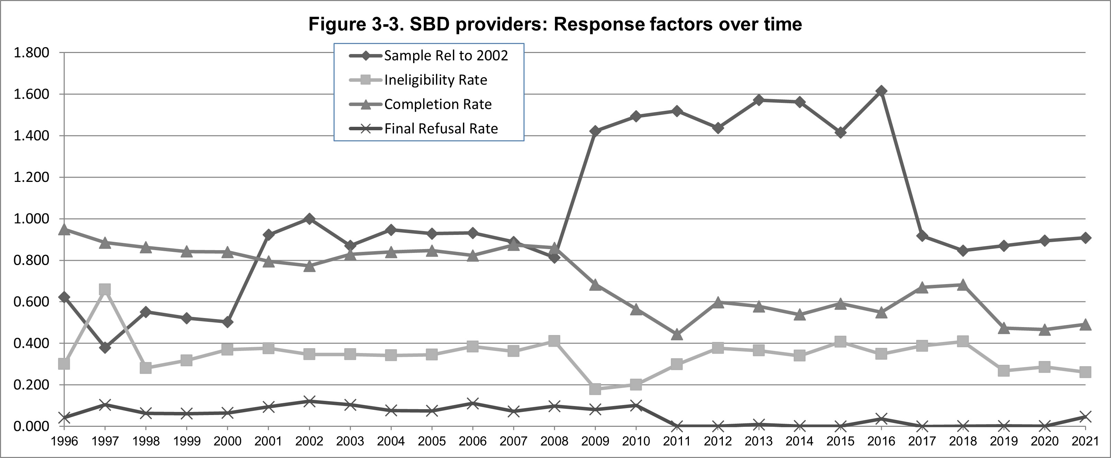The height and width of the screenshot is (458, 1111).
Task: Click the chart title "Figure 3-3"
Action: [x=555, y=24]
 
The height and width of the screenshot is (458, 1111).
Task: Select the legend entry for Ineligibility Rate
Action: [x=435, y=80]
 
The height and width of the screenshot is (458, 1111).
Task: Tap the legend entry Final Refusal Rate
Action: [x=441, y=129]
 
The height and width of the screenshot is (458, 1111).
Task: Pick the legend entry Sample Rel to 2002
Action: [x=446, y=56]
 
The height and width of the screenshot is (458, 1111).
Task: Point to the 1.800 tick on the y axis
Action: [x=31, y=53]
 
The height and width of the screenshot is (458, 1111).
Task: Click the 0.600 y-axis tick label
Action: [x=31, y=302]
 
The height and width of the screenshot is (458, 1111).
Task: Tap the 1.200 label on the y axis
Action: [x=31, y=177]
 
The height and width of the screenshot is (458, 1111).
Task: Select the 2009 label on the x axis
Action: [x=595, y=441]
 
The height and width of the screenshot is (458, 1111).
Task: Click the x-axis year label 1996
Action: [x=64, y=441]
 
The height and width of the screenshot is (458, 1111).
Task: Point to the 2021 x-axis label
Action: [x=1085, y=441]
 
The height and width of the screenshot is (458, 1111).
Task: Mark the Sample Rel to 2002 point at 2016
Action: [x=881, y=91]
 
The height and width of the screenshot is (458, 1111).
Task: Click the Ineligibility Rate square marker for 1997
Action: [x=105, y=289]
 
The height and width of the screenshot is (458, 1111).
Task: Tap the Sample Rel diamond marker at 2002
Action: [x=309, y=219]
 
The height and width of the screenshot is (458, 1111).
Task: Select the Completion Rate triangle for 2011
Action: [x=677, y=335]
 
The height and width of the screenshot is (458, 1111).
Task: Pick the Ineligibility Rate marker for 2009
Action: [x=595, y=388]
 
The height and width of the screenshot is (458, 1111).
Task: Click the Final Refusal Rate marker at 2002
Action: [x=309, y=402]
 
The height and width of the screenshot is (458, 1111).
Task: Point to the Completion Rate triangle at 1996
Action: [x=64, y=229]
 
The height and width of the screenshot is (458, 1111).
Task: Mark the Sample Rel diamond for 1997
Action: [x=105, y=347]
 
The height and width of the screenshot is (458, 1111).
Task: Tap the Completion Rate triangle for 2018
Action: [x=963, y=285]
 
